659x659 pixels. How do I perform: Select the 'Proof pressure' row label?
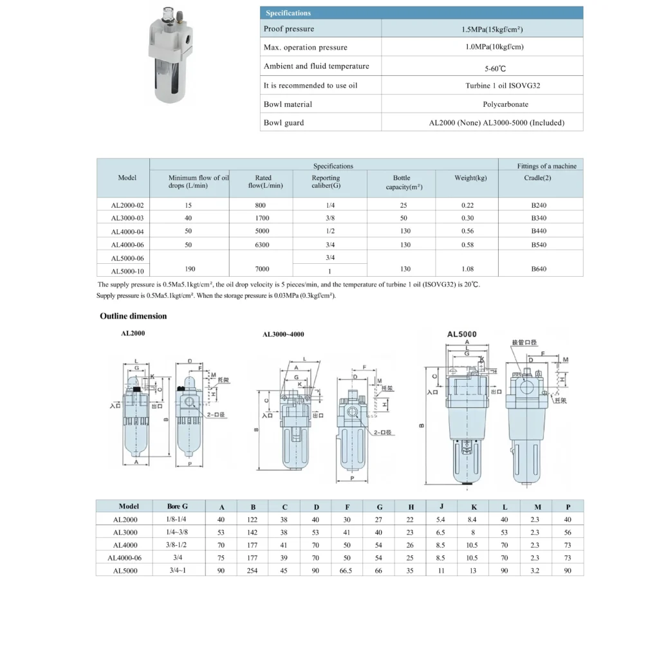pos(289,29)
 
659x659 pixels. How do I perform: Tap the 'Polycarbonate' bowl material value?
pos(505,104)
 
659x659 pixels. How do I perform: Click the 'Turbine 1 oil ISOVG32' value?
pos(505,86)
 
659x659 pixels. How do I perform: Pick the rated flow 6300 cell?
pos(263,245)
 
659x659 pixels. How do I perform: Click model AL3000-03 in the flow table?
pos(127,218)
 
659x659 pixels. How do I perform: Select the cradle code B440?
pos(539,231)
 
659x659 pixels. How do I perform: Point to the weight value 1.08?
pos(467,269)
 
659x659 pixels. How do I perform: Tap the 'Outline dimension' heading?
pos(133,316)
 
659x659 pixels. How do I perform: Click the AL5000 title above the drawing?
pos(462,335)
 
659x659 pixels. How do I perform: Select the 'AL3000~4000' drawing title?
pos(283,335)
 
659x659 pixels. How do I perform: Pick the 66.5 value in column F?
pos(348,570)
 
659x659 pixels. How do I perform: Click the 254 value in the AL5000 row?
pos(253,570)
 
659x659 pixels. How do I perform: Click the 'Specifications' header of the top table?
pos(288,13)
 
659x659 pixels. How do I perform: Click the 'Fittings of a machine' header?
pos(546,166)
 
